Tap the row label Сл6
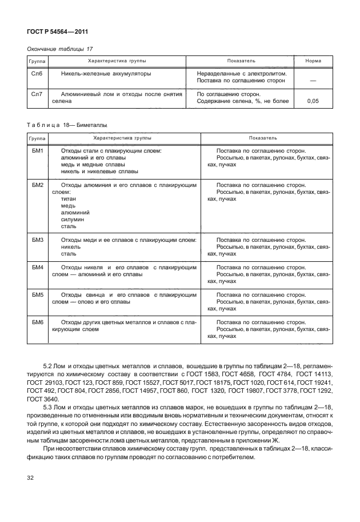37,74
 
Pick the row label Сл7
37,94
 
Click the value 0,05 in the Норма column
313,101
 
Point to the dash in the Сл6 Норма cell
313,81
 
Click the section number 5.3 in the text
49,423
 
